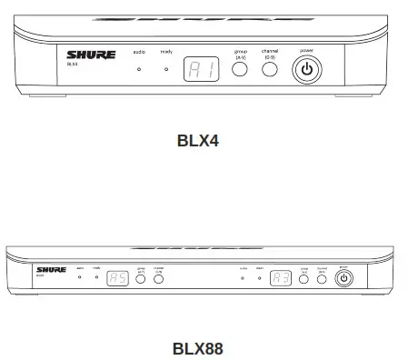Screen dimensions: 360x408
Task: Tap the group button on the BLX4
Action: (x=240, y=68)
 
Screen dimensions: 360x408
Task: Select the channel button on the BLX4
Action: (x=270, y=68)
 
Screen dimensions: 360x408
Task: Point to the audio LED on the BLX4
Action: (x=140, y=69)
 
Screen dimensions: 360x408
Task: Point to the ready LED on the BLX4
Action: (x=166, y=69)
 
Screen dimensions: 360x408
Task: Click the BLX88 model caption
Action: (x=197, y=347)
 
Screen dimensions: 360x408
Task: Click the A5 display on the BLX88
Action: (x=117, y=280)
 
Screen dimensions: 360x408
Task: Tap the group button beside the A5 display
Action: (x=141, y=280)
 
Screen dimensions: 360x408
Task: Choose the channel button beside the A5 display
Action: (x=158, y=280)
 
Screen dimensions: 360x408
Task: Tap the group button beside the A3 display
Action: (x=304, y=280)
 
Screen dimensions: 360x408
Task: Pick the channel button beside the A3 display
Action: (x=322, y=280)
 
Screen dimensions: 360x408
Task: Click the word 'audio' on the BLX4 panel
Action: (x=140, y=54)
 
